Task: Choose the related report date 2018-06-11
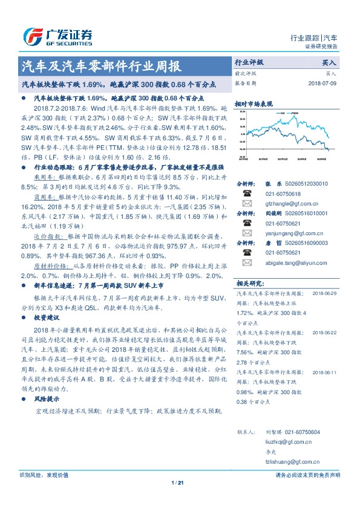325,372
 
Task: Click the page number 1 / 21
177,482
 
